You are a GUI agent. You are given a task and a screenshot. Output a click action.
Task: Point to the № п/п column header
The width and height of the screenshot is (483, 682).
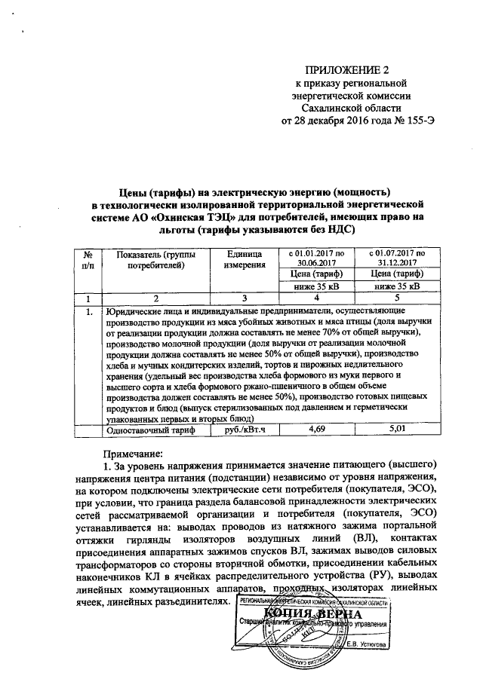89,260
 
